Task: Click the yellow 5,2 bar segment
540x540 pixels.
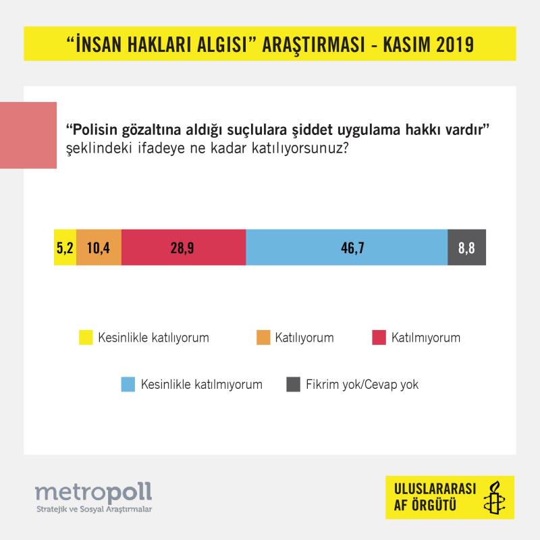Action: pos(65,247)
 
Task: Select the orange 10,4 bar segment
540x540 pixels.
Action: pos(99,247)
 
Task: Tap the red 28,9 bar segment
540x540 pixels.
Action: pos(184,247)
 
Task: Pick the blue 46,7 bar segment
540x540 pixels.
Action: pos(346,247)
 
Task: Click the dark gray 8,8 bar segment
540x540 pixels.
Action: pos(466,247)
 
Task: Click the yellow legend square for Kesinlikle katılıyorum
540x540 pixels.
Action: pos(86,337)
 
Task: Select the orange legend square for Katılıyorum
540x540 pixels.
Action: pos(263,337)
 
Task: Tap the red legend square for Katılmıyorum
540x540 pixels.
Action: pos(378,337)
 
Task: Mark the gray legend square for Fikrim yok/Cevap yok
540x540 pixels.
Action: pos(293,385)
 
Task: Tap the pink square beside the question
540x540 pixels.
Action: pos(28,135)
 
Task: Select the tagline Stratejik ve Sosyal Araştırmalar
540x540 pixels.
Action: pos(92,508)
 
